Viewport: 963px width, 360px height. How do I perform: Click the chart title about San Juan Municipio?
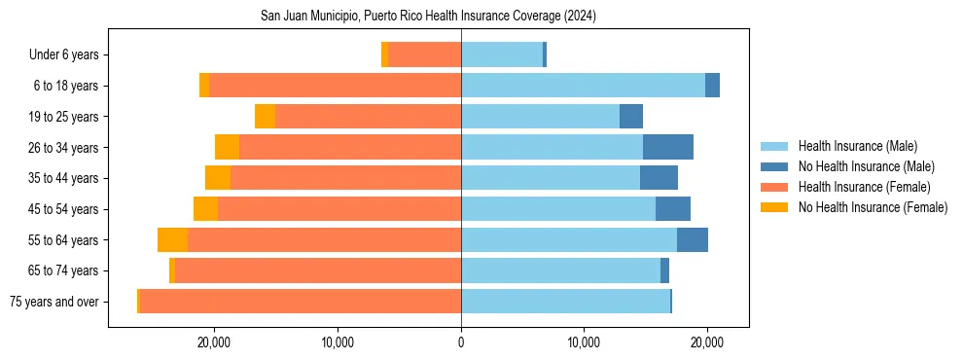coord(428,16)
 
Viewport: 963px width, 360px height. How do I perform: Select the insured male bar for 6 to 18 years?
coord(583,86)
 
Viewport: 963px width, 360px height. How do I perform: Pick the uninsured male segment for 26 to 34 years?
coord(668,147)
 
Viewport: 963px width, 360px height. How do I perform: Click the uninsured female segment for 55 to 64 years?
coord(172,239)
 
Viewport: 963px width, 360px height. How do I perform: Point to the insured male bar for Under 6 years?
coord(502,54)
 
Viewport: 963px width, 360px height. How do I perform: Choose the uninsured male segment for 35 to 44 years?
coord(659,178)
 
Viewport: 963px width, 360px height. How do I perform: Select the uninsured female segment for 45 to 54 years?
coord(205,208)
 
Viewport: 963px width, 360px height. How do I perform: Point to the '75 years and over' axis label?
coord(53,302)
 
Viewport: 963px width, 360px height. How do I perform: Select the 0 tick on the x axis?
coord(461,342)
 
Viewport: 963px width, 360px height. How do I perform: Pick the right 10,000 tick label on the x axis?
coord(584,342)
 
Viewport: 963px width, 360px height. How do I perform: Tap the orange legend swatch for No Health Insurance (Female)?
coord(775,207)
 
